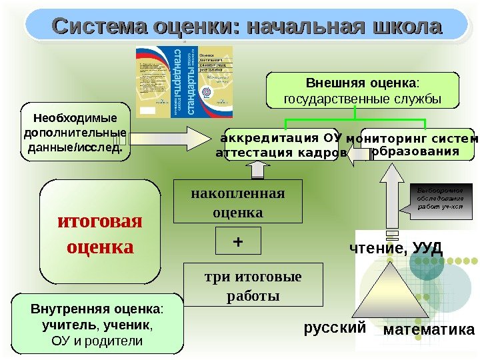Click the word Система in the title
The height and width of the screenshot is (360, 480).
pyautogui.click(x=100, y=27)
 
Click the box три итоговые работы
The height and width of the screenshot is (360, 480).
pyautogui.click(x=252, y=285)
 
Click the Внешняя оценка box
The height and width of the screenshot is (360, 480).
pyautogui.click(x=363, y=91)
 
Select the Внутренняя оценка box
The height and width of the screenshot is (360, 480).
pyautogui.click(x=97, y=325)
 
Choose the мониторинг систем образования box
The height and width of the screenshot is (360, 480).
pyautogui.click(x=417, y=145)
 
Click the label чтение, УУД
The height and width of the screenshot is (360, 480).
pyautogui.click(x=396, y=249)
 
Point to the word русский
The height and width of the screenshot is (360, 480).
pyautogui.click(x=335, y=328)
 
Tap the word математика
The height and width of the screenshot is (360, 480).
pyautogui.click(x=429, y=330)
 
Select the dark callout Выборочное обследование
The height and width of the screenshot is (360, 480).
pyautogui.click(x=440, y=199)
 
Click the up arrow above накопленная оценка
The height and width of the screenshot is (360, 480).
pyautogui.click(x=256, y=168)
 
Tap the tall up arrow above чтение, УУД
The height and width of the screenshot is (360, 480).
pyautogui.click(x=394, y=200)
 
